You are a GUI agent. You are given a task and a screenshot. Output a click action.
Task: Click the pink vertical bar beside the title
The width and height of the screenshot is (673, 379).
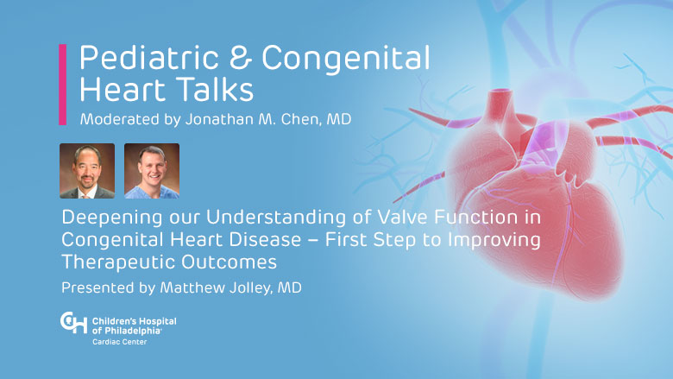coord(63,85)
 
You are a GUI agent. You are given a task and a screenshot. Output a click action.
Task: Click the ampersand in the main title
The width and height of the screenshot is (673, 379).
coord(241,58)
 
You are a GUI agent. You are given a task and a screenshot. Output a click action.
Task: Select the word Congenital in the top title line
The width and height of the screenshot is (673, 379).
coord(346,60)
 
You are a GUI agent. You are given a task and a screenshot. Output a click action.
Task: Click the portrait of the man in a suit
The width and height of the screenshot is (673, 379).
coord(87,171)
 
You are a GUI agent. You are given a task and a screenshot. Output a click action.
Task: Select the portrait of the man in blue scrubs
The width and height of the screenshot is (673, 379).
coord(152,171)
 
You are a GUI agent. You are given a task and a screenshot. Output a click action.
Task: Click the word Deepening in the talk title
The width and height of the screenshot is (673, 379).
coord(112,218)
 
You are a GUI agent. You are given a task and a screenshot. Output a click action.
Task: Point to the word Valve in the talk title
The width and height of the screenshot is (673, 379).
coord(403,218)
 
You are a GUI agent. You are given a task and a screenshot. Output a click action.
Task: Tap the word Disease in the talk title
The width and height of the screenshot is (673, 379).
coord(265,239)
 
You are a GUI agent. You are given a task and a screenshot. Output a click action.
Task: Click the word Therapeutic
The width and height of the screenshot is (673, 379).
coord(119,262)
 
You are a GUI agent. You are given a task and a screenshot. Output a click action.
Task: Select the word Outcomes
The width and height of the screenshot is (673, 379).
coord(229,262)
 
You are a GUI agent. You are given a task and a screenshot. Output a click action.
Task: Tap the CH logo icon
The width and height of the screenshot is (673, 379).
coord(74,323)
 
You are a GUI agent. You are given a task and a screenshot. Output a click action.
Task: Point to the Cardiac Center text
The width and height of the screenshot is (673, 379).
coord(119,342)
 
